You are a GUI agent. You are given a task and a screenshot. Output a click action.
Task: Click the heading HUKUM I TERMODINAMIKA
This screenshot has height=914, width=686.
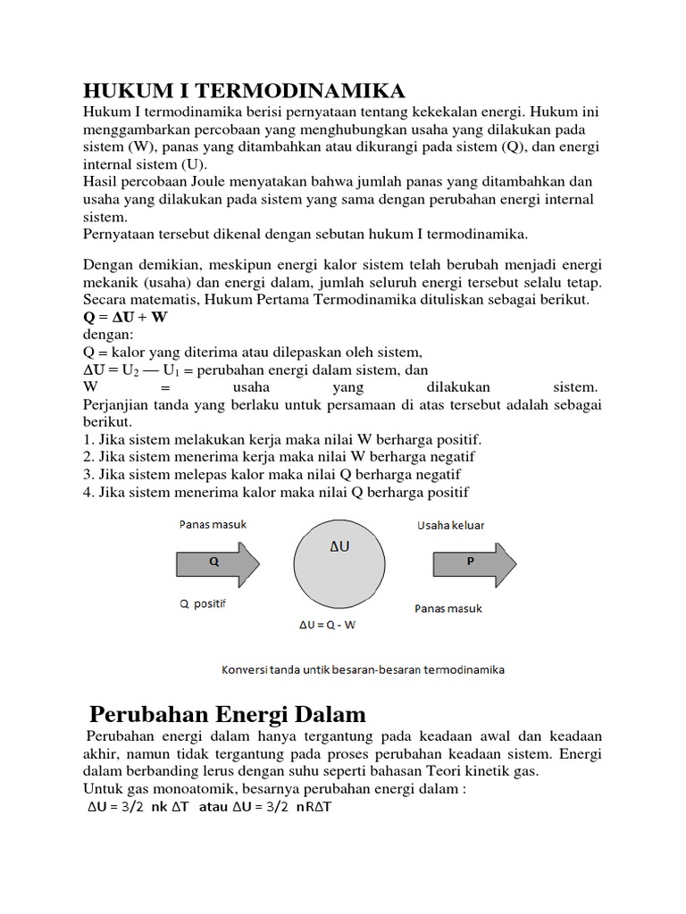pyautogui.click(x=244, y=90)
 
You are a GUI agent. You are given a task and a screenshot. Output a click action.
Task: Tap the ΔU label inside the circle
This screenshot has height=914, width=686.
pyautogui.click(x=339, y=545)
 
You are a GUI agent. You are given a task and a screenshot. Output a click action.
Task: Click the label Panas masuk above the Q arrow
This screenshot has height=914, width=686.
pyautogui.click(x=212, y=525)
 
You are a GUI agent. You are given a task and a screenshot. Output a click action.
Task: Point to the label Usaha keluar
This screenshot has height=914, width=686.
pyautogui.click(x=450, y=526)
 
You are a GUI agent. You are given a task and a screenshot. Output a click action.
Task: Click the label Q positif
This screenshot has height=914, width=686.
pyautogui.click(x=203, y=603)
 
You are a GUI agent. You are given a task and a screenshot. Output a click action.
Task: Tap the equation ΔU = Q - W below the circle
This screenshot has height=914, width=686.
pyautogui.click(x=327, y=625)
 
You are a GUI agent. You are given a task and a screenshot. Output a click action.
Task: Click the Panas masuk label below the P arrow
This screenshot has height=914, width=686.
pyautogui.click(x=448, y=609)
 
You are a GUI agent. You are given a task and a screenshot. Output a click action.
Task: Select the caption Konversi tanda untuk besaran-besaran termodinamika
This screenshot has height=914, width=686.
pyautogui.click(x=361, y=669)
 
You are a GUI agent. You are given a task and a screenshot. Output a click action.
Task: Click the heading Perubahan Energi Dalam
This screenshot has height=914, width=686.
pyautogui.click(x=229, y=714)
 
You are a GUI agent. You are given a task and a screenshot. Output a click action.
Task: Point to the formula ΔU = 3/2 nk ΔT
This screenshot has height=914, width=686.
pyautogui.click(x=137, y=808)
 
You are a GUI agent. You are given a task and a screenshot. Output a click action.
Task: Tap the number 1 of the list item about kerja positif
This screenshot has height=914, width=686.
pyautogui.click(x=88, y=440)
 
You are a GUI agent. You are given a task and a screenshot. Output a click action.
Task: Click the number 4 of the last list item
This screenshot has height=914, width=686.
pyautogui.click(x=88, y=492)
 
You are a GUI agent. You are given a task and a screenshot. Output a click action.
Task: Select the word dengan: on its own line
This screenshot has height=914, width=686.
pyautogui.click(x=107, y=335)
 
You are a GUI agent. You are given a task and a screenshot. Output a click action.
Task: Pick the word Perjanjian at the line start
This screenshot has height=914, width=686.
pyautogui.click(x=116, y=404)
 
